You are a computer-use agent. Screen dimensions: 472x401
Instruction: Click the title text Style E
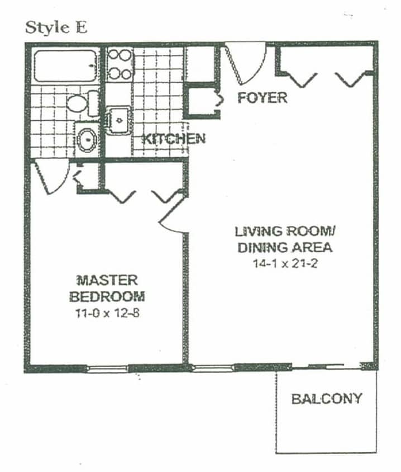click(56, 28)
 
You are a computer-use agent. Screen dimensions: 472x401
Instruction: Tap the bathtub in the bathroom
click(65, 65)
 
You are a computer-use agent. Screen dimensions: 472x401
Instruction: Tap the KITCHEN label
click(173, 139)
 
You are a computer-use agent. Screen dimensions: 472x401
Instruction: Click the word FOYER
click(262, 98)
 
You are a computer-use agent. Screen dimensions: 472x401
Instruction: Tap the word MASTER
click(107, 280)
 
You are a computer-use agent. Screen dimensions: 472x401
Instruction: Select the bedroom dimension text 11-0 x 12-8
click(107, 313)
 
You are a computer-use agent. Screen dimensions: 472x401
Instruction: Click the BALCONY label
click(327, 399)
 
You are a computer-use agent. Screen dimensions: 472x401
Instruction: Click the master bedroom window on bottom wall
click(108, 368)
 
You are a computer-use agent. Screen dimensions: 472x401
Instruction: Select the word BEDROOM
click(107, 296)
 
